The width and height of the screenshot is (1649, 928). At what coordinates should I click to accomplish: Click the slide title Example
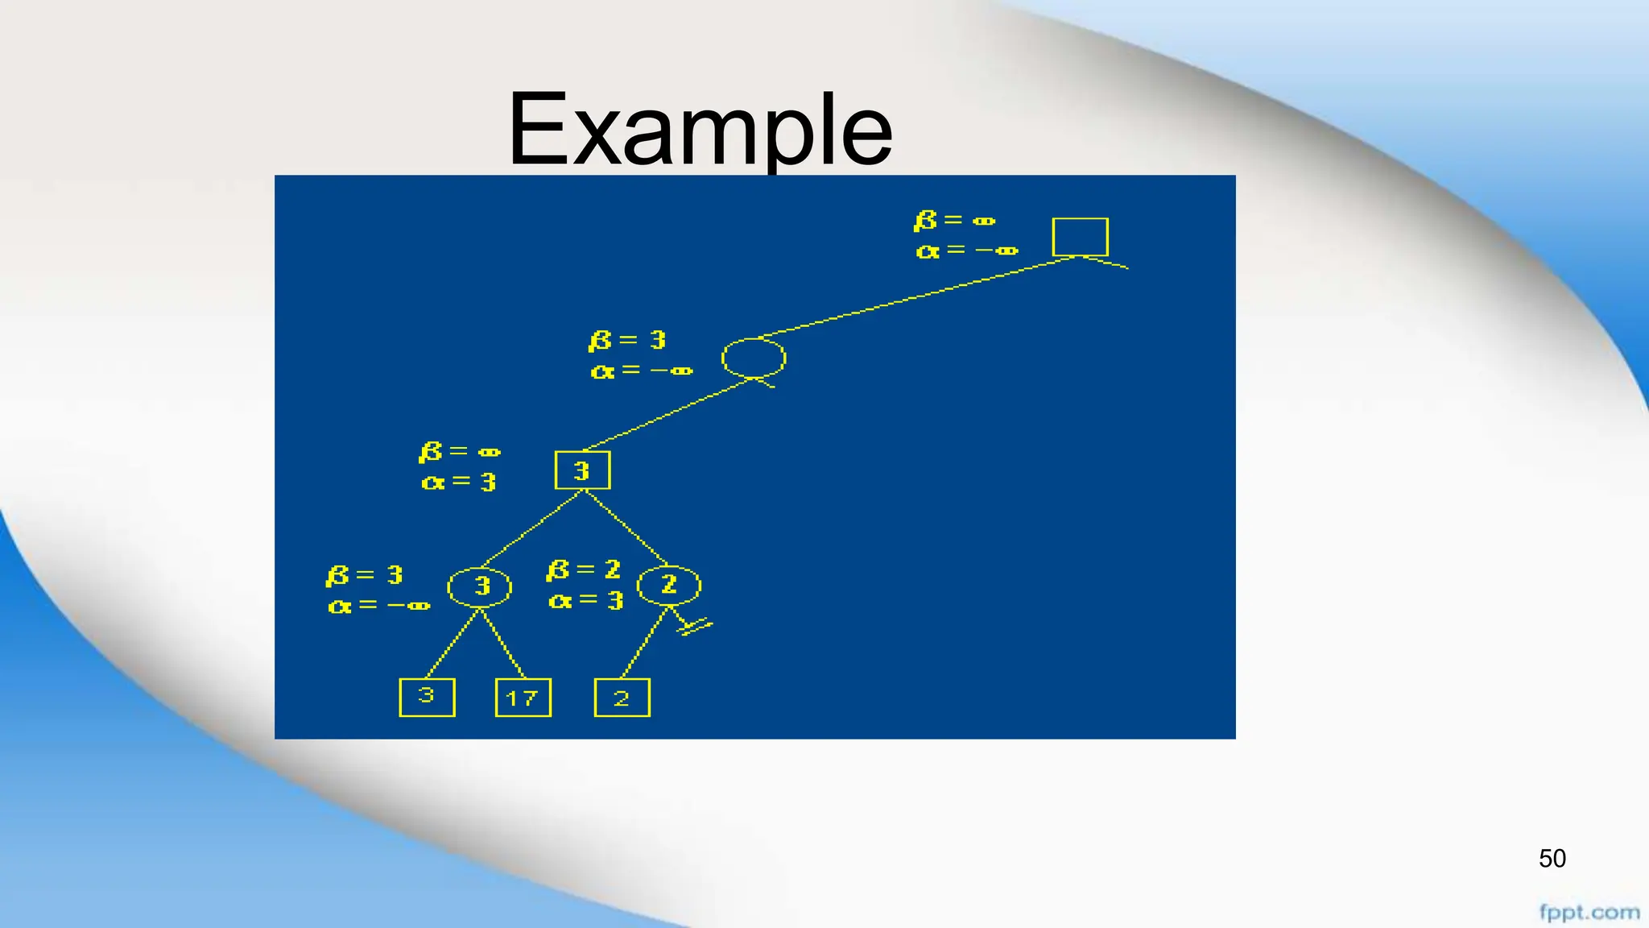(x=700, y=129)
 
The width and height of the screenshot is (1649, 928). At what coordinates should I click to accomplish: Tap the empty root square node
(x=1080, y=237)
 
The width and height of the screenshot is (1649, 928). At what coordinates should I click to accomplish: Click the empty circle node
(x=753, y=358)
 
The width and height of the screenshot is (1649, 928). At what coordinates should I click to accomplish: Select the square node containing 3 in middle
(x=582, y=470)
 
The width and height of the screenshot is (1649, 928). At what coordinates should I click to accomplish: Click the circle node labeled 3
(x=480, y=586)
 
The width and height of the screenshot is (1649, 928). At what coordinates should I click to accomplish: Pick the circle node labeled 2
(x=669, y=586)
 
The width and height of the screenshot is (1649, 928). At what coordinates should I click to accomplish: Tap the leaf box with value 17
(x=523, y=698)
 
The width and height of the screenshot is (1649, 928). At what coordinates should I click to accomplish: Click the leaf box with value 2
(x=622, y=698)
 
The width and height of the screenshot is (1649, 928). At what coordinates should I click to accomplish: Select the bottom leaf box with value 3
(x=427, y=697)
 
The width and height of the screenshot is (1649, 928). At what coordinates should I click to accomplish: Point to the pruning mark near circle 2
(x=694, y=626)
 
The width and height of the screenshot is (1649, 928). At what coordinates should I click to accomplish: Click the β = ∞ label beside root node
(x=955, y=220)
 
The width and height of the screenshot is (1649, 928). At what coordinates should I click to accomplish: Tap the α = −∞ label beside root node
(x=966, y=251)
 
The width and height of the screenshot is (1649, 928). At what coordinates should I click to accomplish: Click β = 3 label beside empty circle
(x=627, y=341)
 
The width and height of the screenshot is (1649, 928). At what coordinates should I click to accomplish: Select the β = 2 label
(x=584, y=570)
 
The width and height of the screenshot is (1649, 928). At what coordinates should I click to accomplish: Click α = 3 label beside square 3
(x=458, y=482)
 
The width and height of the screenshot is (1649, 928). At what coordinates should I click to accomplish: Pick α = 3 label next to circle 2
(x=585, y=600)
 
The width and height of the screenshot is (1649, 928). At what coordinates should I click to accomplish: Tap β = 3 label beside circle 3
(x=365, y=575)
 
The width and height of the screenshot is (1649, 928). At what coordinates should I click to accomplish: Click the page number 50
(x=1552, y=859)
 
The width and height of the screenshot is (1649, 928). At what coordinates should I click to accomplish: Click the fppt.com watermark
(x=1589, y=913)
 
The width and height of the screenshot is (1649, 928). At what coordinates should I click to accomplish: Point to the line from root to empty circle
(x=918, y=296)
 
